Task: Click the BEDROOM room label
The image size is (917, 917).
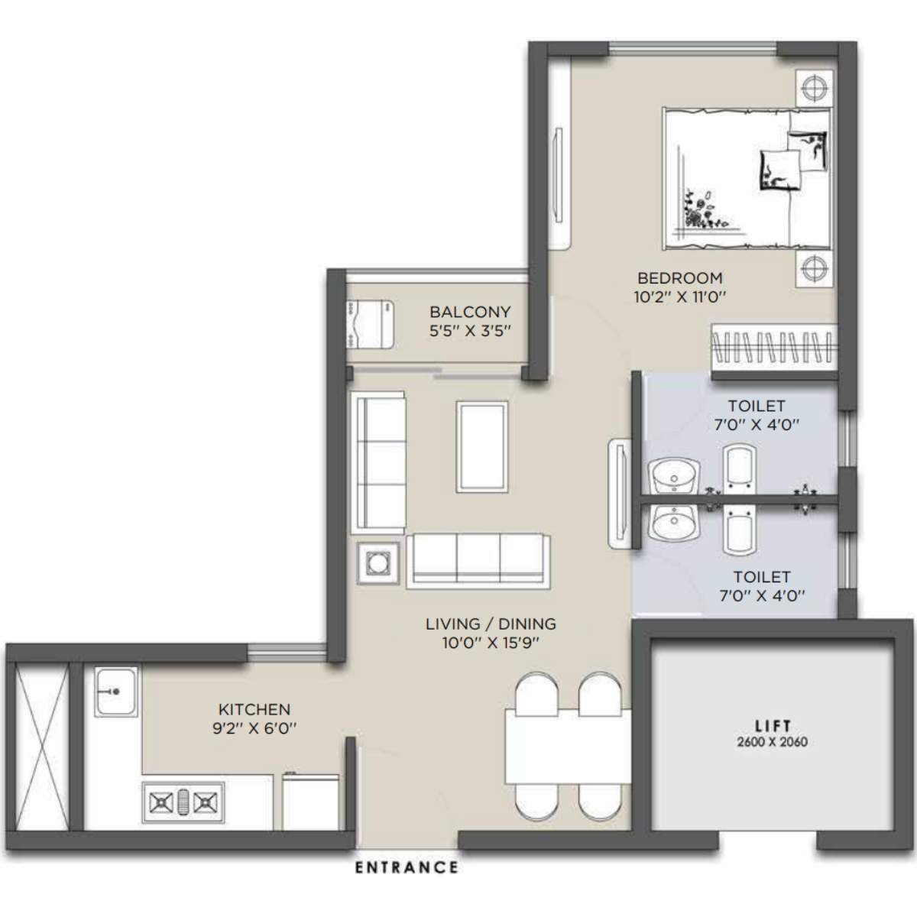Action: (x=679, y=278)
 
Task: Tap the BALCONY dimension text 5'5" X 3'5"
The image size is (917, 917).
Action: (x=469, y=331)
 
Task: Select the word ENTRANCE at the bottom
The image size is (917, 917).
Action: (x=407, y=867)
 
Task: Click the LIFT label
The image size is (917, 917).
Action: (x=773, y=726)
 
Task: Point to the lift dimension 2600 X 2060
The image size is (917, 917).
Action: (x=773, y=741)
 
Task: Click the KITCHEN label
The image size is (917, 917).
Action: (x=254, y=710)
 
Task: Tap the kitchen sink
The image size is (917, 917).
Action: (x=115, y=691)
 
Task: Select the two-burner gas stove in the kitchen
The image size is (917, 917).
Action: (x=183, y=802)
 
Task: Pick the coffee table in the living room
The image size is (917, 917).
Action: (x=482, y=446)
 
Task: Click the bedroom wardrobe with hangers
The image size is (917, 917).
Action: (x=772, y=351)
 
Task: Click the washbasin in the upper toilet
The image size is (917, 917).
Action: (x=673, y=477)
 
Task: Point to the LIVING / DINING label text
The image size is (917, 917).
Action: (x=491, y=624)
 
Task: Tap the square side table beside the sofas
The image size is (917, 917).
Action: (x=377, y=564)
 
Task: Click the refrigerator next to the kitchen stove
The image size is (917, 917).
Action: (x=311, y=802)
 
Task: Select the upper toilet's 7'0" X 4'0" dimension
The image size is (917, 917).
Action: (x=756, y=425)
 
